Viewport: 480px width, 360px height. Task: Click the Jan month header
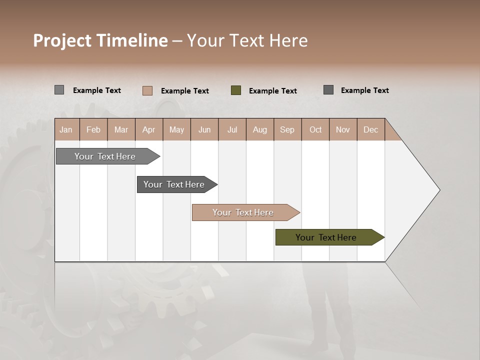(x=66, y=129)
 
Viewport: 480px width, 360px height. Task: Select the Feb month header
(x=93, y=129)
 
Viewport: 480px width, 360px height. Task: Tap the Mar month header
(x=121, y=129)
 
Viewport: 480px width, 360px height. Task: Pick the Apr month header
(x=149, y=129)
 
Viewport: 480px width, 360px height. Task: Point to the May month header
(x=176, y=129)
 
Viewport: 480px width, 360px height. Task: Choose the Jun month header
(x=204, y=129)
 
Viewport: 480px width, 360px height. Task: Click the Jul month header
(x=232, y=129)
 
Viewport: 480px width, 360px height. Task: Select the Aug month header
(x=260, y=129)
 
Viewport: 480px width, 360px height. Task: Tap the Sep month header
(x=287, y=129)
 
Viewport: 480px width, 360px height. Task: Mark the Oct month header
(x=315, y=129)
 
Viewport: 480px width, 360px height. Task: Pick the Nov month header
(x=343, y=129)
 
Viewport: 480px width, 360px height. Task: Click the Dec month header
(x=370, y=129)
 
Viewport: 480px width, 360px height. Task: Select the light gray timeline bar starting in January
(x=105, y=156)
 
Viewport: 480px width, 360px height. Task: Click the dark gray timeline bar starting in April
(x=174, y=184)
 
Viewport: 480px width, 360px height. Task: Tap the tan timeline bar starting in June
(x=243, y=212)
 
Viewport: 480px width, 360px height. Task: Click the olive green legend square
(x=236, y=90)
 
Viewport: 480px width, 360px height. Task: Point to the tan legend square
(x=147, y=90)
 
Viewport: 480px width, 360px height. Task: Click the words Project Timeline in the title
(x=100, y=40)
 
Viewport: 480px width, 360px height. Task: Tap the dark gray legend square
(x=328, y=90)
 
